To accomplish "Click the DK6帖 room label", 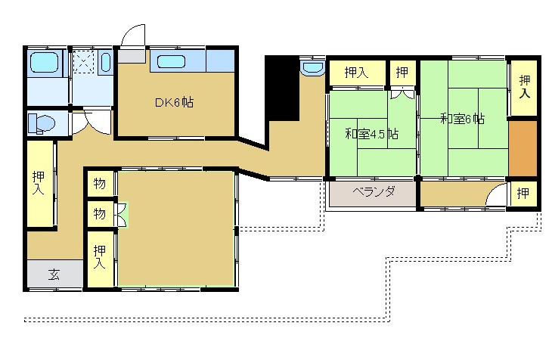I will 175,102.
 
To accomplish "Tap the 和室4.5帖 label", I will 371,134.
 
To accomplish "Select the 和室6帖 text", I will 462,119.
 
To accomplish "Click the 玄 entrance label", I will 54,275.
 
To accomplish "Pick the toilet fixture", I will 42,123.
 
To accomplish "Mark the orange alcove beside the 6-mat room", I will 521,147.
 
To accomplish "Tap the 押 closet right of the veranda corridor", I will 523,194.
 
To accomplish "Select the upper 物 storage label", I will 99,184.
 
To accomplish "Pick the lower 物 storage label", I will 99,214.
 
